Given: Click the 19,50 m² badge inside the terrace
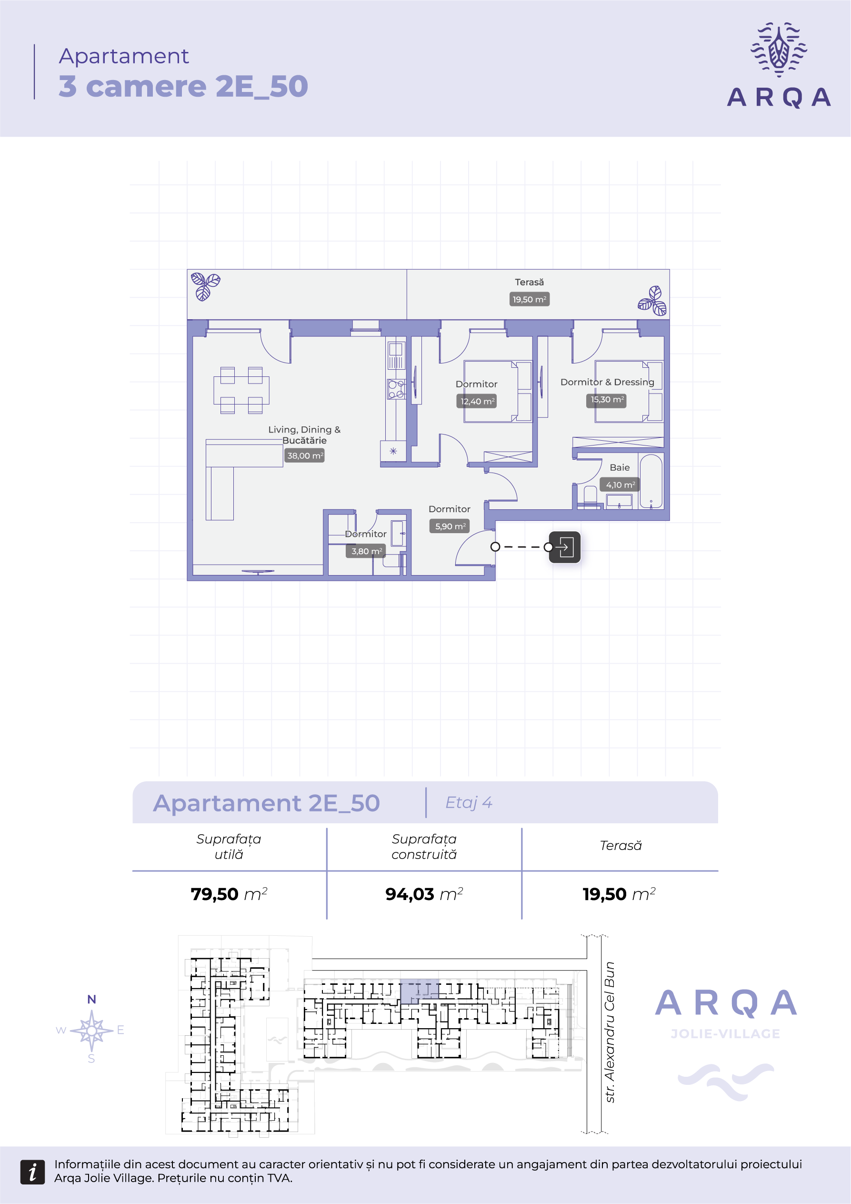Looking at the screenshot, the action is pos(529,299).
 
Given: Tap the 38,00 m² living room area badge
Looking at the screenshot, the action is pos(304,455).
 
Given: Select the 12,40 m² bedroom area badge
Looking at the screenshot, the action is pos(477,401).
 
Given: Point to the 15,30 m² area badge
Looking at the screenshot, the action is pos(607,400).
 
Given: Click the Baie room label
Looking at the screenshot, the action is pos(620,467).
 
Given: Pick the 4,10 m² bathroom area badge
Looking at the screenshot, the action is pos(620,485).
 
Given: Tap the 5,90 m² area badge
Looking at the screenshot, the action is pos(450,526).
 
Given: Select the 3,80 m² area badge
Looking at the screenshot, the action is pos(366,551).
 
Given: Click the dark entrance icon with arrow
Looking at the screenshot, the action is pos(564,547).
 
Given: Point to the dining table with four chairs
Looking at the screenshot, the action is pos(241,390).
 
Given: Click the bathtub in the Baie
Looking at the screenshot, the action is pos(651,481).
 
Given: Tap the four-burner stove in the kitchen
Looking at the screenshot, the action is pos(396,389).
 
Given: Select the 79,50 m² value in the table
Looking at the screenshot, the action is pos(229,893).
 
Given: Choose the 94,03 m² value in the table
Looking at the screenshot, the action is pos(424,893).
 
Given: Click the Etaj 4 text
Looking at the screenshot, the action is pos(469,803).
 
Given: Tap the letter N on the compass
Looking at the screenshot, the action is pos(92,1000).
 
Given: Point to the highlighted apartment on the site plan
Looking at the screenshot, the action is pos(420,991).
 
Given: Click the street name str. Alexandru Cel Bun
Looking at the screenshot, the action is pos(609,1032).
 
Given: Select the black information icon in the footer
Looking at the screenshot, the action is pos(32,1172).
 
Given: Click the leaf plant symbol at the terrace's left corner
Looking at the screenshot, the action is pos(205,286).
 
